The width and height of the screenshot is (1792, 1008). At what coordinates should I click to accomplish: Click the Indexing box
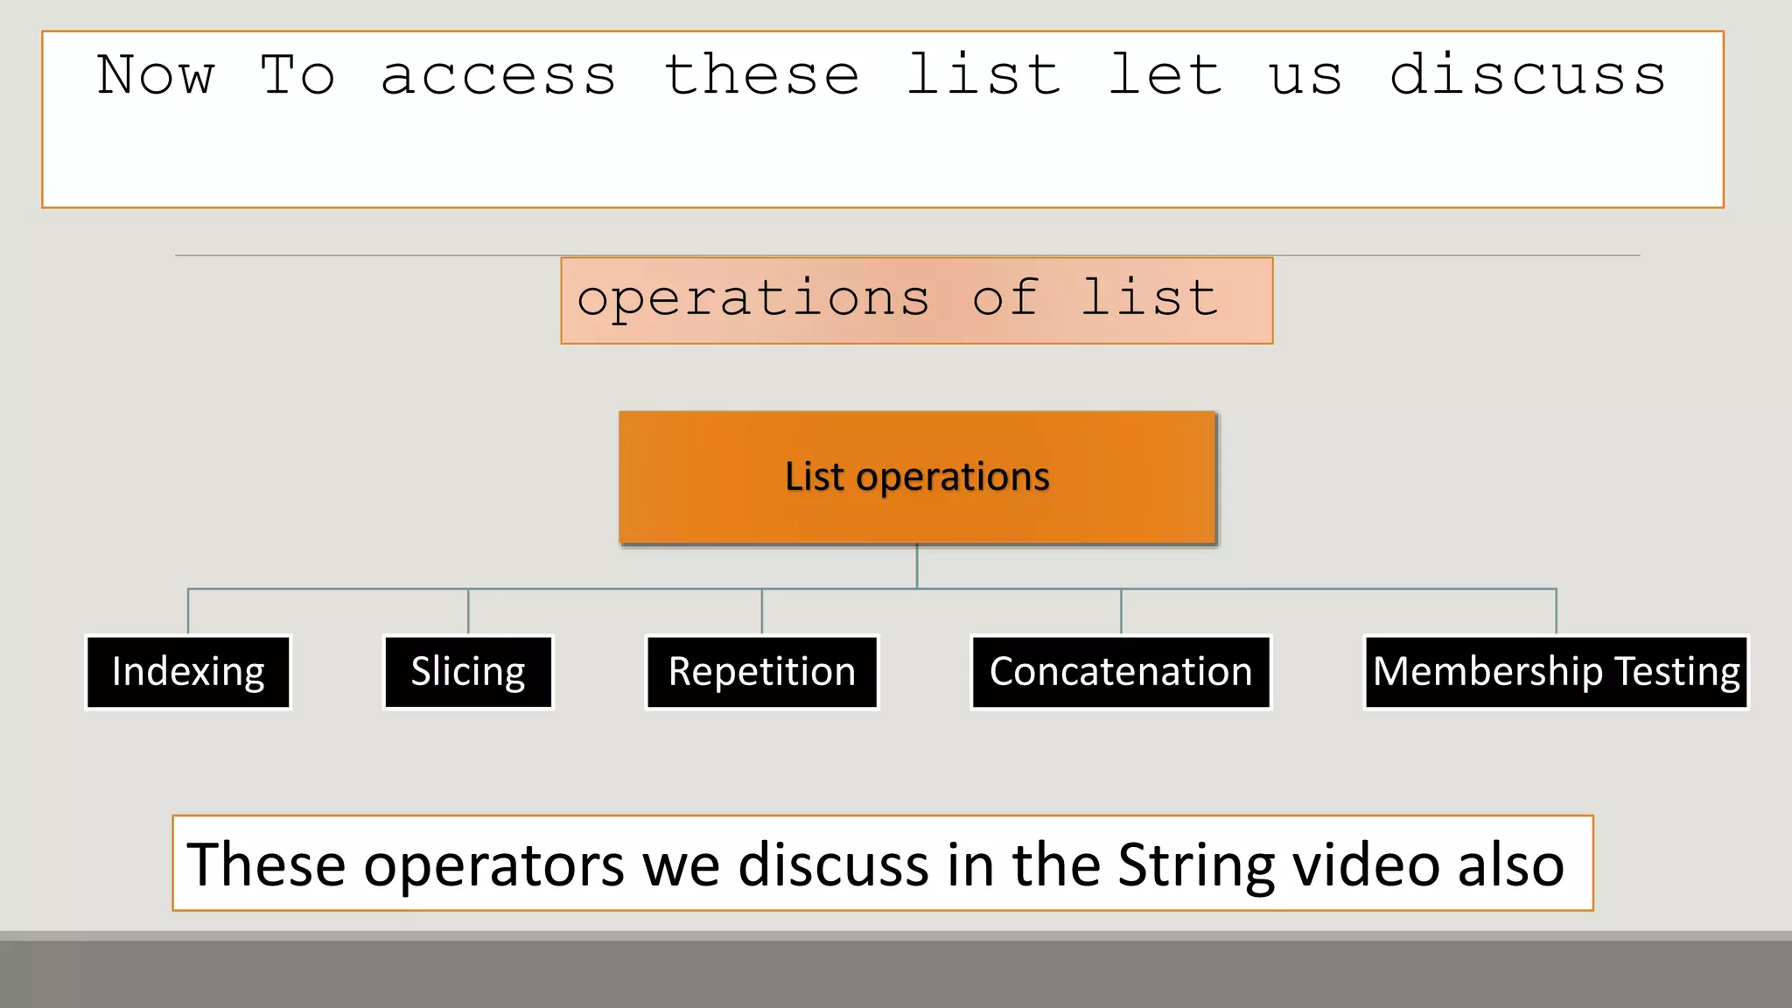click(188, 672)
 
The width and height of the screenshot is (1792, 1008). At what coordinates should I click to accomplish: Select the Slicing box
click(468, 672)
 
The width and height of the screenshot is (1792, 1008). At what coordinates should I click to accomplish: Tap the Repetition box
click(762, 672)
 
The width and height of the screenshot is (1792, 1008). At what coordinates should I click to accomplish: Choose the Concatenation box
click(1121, 672)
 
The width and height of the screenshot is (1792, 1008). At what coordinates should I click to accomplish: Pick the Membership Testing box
click(1556, 672)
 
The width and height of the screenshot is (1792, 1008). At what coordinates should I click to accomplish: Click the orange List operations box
click(917, 478)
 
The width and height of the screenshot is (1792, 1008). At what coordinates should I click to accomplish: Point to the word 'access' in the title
click(499, 76)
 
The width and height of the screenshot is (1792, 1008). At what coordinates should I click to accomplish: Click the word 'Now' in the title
click(156, 76)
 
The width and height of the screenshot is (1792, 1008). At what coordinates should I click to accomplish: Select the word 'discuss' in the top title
click(1528, 76)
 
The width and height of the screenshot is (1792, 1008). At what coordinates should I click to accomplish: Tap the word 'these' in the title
click(762, 76)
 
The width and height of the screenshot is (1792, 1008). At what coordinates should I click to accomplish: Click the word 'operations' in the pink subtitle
click(753, 300)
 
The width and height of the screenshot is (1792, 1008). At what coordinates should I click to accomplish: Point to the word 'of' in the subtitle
click(1006, 298)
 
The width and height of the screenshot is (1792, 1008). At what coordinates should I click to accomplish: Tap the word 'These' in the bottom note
click(267, 864)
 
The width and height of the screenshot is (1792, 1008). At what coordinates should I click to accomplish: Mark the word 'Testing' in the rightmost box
click(1677, 672)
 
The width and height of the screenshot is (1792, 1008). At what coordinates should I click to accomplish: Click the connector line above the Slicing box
click(468, 611)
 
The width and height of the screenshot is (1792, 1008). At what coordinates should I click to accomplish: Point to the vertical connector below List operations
click(917, 566)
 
